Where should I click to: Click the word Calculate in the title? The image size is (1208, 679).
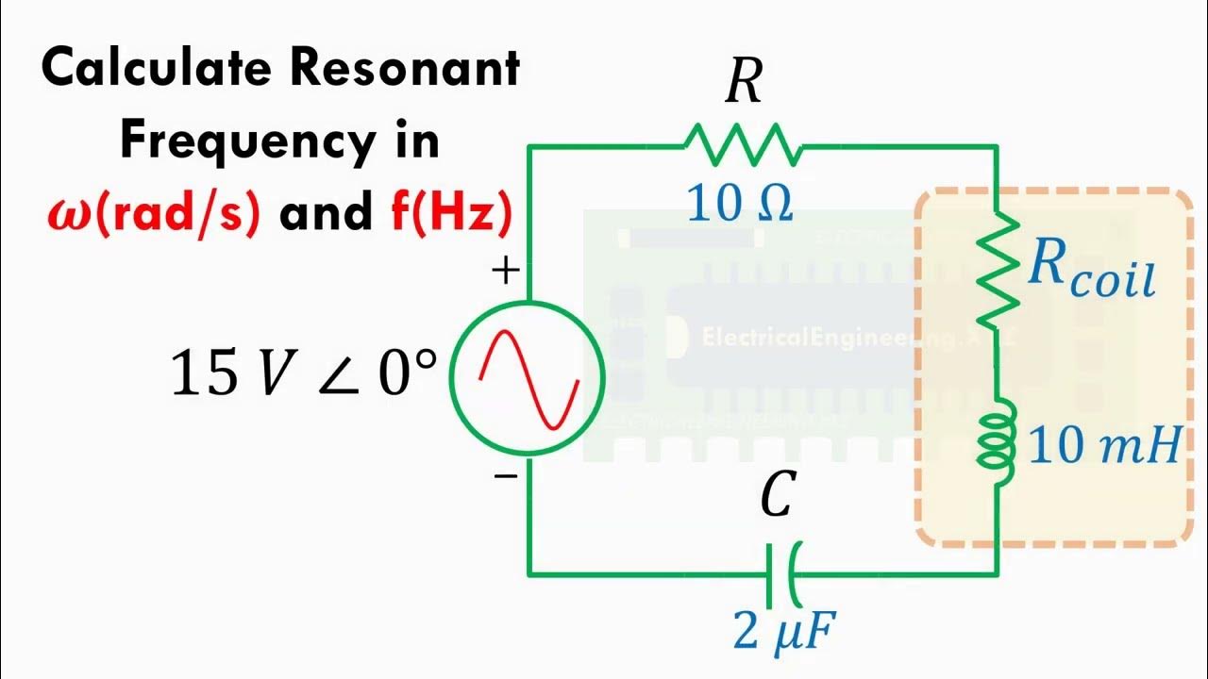(157, 69)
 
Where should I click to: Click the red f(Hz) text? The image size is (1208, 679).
(451, 213)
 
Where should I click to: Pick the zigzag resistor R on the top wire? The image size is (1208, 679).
(743, 146)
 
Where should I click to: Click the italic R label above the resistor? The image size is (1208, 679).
(744, 84)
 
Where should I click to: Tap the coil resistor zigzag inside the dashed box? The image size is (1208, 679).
(998, 272)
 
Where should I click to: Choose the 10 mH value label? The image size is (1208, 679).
(1104, 445)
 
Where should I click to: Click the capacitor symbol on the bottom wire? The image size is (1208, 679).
(783, 573)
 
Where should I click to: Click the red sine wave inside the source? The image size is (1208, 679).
(528, 377)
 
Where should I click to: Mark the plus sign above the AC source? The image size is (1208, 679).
(506, 272)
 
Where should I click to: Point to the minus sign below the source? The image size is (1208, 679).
(506, 476)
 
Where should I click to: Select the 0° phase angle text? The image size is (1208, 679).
(408, 373)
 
